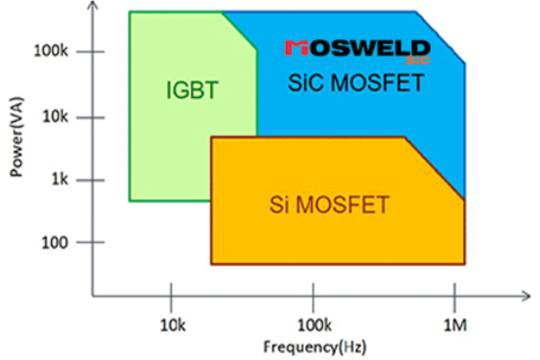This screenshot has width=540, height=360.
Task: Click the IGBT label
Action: click(x=193, y=91)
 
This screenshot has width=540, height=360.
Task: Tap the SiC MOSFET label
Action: click(x=356, y=84)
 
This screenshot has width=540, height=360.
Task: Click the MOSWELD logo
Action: click(x=358, y=48)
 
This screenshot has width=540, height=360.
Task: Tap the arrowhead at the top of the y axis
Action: click(x=92, y=8)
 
